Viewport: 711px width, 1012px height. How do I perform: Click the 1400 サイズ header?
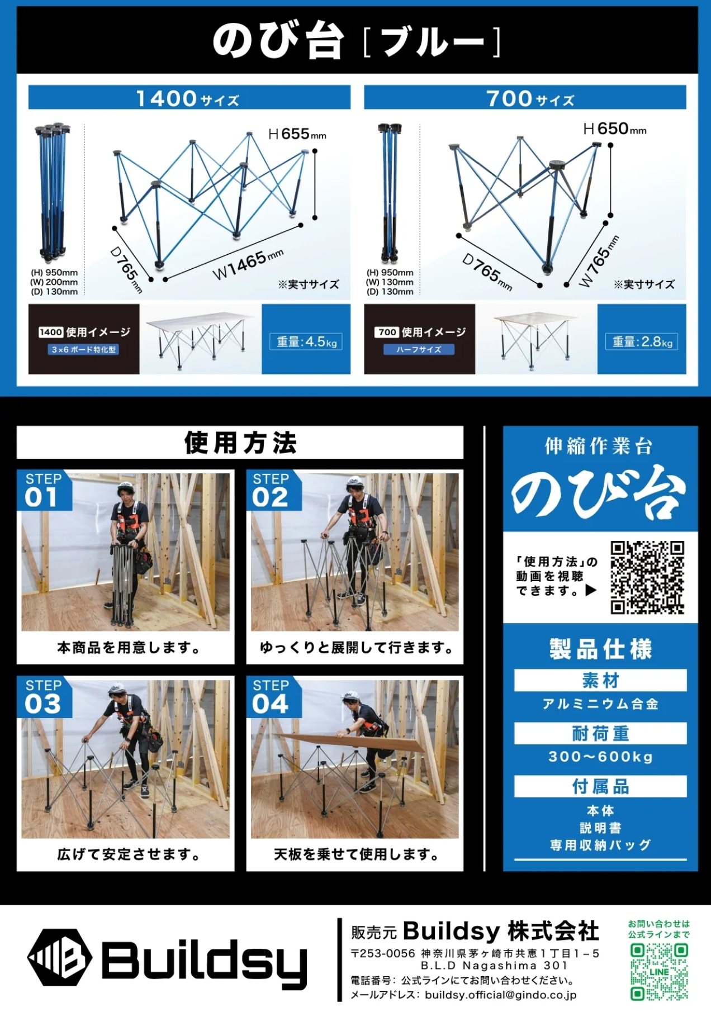pos(189,97)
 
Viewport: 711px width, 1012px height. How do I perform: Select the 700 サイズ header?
pos(525,97)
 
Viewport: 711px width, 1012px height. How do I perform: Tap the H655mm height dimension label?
pos(297,134)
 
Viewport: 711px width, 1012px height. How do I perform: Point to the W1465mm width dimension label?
pos(248,264)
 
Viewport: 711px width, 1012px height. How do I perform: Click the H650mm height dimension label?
pos(615,129)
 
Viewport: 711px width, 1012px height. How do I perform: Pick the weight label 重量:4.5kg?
pos(307,341)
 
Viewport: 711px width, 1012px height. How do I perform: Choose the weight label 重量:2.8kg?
pos(642,341)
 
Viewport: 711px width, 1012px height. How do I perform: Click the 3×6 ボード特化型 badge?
pos(84,350)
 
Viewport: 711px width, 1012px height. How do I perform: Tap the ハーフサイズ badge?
pos(419,350)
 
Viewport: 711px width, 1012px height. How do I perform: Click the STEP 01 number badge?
pos(44,491)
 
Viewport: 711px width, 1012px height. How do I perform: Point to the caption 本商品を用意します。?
pos(128,648)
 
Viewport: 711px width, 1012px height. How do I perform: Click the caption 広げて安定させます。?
pos(128,854)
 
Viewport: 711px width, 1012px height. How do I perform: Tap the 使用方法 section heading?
pos(240,443)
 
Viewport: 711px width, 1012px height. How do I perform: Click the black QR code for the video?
pos(647,577)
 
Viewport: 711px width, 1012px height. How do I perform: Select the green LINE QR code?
pos(659,972)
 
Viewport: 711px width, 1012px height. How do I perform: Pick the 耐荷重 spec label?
pos(600,733)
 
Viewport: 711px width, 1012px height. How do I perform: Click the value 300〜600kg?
pos(600,757)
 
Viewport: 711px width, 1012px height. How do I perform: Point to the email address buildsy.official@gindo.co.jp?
pos(500,995)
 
